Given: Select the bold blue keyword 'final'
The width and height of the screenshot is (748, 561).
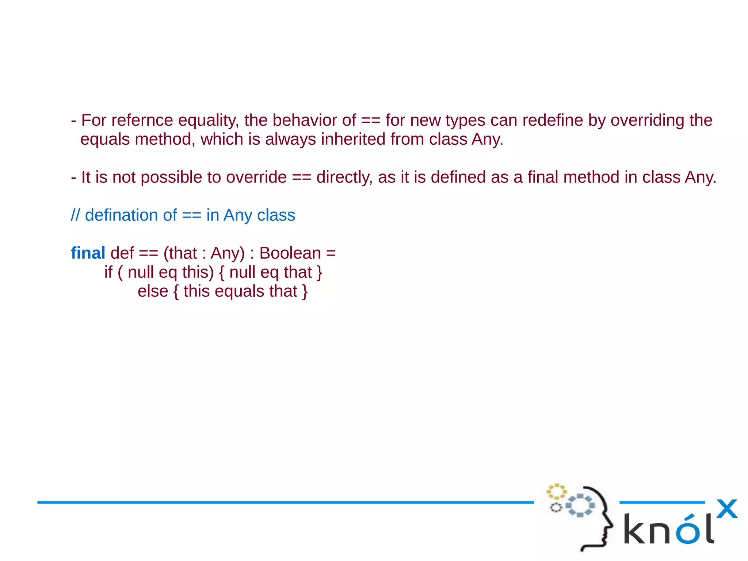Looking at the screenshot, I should [88, 253].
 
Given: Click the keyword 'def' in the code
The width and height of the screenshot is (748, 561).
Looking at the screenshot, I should [122, 253].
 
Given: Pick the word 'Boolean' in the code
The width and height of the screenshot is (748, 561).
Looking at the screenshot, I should [290, 253].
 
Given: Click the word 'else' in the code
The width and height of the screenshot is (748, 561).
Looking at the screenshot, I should [153, 291].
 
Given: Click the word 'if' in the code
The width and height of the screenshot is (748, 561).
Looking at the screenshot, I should [108, 272].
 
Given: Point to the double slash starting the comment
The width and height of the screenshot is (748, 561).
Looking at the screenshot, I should [75, 215].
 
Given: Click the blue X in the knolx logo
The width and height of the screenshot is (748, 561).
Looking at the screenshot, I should [726, 509].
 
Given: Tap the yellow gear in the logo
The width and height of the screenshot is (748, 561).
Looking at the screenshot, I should [556, 491].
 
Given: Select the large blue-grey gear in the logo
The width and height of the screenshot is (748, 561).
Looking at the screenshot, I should [580, 505].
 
